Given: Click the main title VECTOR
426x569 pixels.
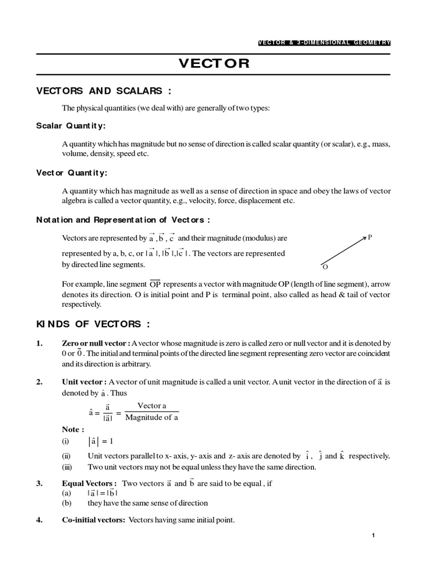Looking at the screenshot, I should [214, 63].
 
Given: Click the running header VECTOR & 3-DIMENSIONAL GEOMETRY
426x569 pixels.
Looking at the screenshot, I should [325, 42].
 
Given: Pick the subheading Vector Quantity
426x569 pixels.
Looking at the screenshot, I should [72, 172].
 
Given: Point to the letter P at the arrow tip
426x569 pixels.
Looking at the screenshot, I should [370, 237].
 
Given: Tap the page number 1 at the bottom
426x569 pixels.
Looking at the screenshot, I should [374, 535].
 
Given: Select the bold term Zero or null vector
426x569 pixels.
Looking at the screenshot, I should [96, 344].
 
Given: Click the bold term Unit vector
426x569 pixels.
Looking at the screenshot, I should [84, 382].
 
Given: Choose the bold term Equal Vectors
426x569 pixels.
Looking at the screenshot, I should [89, 483].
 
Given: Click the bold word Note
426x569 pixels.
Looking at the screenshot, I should [73, 429].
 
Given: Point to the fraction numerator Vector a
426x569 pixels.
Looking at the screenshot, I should [151, 406].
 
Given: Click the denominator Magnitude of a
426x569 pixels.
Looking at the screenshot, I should [151, 418].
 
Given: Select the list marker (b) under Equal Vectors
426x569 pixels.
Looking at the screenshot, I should [67, 503].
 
